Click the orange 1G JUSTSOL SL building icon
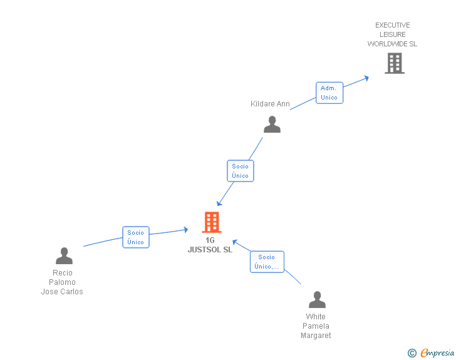[x=212, y=222]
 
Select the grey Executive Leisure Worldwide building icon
[x=395, y=63]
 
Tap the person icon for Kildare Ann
[x=272, y=124]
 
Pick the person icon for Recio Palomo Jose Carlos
[x=64, y=255]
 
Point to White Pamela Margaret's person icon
[x=317, y=299]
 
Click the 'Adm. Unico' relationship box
[x=329, y=93]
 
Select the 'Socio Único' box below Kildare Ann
[x=240, y=171]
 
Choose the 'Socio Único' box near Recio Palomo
[x=135, y=237]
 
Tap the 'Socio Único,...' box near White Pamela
[x=267, y=262]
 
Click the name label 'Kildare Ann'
[x=270, y=104]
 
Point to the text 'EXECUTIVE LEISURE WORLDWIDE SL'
[x=392, y=34]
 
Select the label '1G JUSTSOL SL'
[x=210, y=245]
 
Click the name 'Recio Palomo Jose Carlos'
[x=62, y=282]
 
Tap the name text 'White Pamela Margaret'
[x=316, y=326]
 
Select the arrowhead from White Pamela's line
[x=234, y=242]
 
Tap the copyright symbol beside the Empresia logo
[x=412, y=353]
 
